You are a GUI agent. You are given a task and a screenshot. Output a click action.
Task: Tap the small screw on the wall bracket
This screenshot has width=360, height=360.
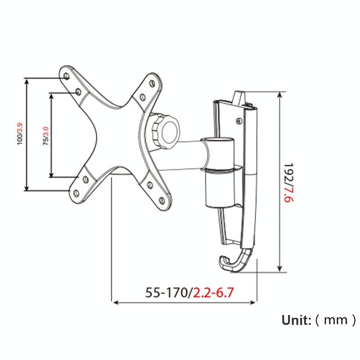point(238,120)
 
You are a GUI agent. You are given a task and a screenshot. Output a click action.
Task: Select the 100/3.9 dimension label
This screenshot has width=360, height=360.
point(19,134)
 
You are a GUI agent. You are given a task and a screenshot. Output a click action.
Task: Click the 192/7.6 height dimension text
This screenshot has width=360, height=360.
point(290,183)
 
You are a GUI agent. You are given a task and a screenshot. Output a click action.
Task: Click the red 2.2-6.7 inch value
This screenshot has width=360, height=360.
point(213,293)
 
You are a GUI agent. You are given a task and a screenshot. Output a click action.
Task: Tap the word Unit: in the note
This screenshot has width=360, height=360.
point(297,320)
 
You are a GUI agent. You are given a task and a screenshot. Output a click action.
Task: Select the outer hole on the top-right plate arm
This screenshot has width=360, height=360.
point(151,83)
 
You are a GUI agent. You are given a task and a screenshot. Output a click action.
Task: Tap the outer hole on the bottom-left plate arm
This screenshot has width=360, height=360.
point(76,193)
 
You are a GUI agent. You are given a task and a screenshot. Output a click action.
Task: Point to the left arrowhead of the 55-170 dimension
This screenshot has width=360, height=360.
point(114,302)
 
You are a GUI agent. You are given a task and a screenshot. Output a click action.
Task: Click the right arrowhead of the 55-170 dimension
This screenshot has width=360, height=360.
point(254,302)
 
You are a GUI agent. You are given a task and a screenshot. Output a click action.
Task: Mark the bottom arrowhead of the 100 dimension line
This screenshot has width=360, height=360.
point(27,188)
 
